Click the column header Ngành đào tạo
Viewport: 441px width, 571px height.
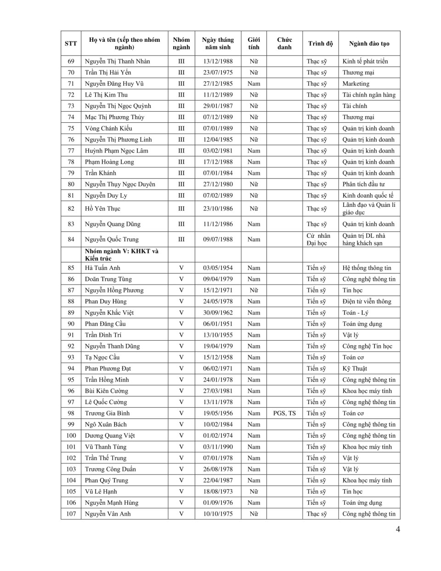pyautogui.click(x=369, y=44)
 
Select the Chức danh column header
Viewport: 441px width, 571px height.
pyautogui.click(x=284, y=44)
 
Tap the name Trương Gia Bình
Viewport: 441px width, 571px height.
pyautogui.click(x=107, y=413)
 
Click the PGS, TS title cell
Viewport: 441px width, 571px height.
pyautogui.click(x=284, y=413)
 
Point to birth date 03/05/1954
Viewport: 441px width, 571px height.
pyautogui.click(x=218, y=268)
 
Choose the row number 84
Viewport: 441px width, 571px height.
pyautogui.click(x=71, y=239)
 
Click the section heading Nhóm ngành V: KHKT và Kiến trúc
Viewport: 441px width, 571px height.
pyautogui.click(x=122, y=255)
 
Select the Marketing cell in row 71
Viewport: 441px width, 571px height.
pyautogui.click(x=356, y=84)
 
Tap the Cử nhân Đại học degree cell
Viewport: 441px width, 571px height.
pyautogui.click(x=318, y=239)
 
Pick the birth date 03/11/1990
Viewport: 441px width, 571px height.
pyautogui.click(x=218, y=447)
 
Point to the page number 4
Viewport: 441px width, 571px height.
pyautogui.click(x=398, y=529)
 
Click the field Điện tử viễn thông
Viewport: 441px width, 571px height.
pyautogui.click(x=367, y=302)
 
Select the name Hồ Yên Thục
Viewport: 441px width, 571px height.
pyautogui.click(x=102, y=209)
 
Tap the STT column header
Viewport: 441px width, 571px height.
pyautogui.click(x=71, y=44)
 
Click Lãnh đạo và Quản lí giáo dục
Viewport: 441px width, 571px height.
pyautogui.click(x=368, y=209)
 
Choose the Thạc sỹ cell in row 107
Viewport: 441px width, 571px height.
pyautogui.click(x=317, y=514)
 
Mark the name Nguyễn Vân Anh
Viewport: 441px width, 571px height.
pyautogui.click(x=107, y=514)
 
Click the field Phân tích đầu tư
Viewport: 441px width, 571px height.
pyautogui.click(x=363, y=184)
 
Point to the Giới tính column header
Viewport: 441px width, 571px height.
pyautogui.click(x=254, y=44)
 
